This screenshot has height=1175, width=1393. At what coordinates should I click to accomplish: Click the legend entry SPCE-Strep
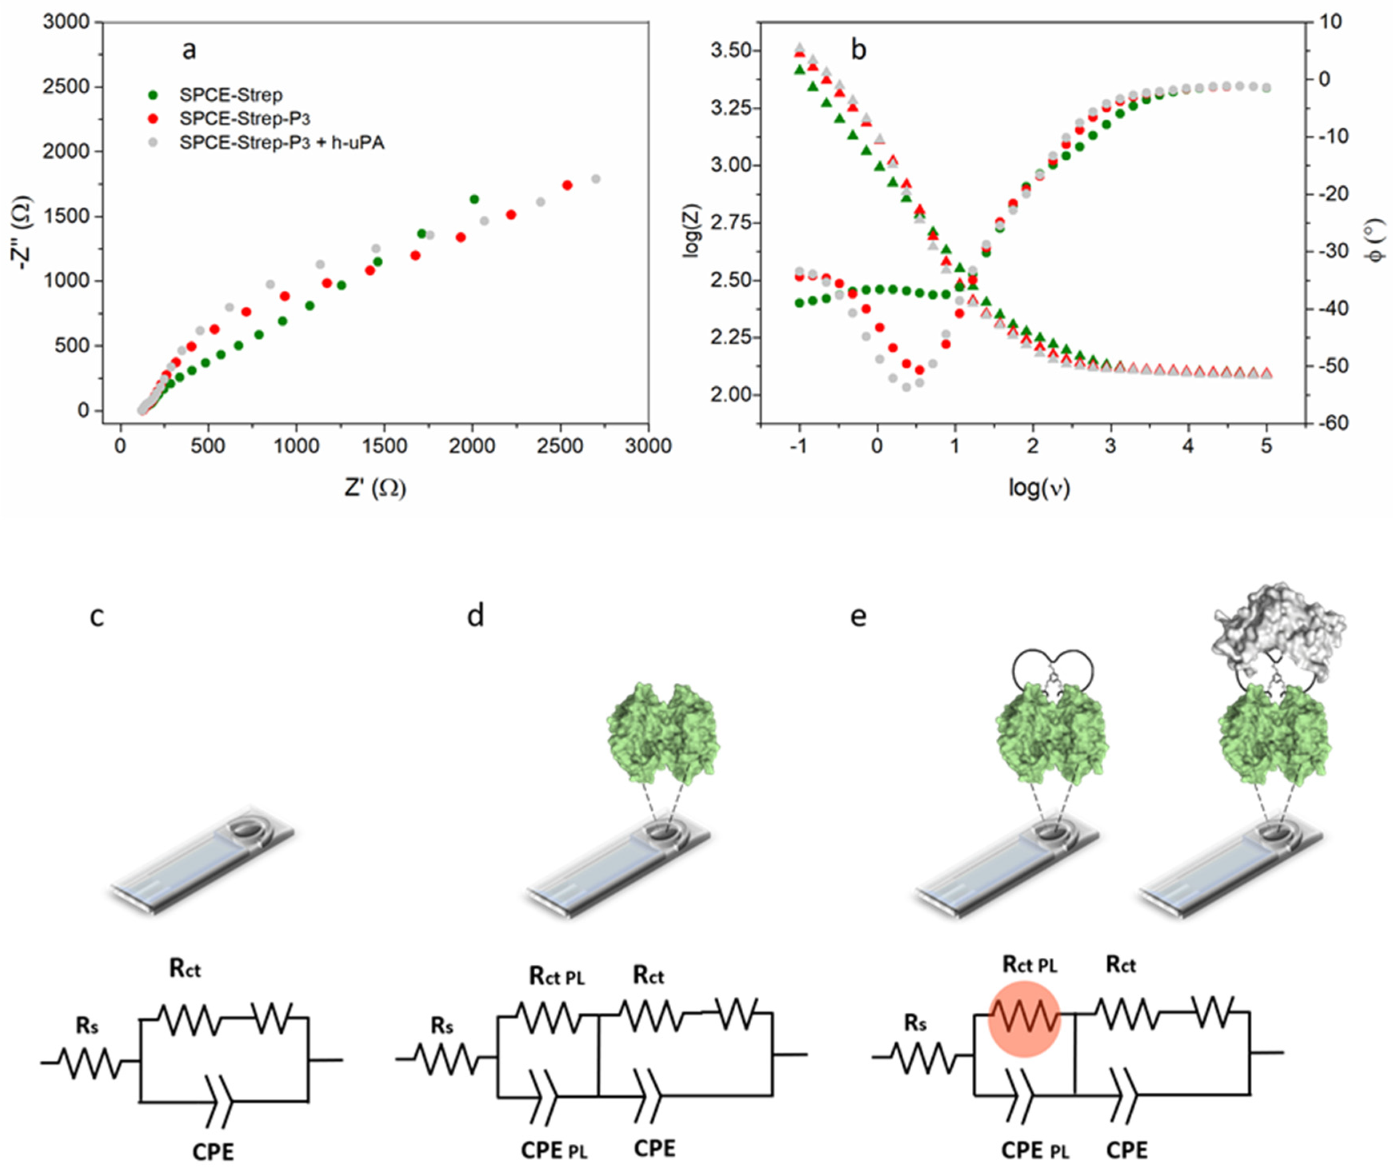click(x=230, y=95)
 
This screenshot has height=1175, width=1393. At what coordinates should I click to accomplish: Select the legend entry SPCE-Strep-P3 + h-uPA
click(x=281, y=142)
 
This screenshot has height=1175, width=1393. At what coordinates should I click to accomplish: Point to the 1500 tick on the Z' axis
click(x=384, y=446)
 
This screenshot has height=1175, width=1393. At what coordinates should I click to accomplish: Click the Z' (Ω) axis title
click(x=374, y=488)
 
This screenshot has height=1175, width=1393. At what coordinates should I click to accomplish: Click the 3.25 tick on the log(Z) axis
click(x=731, y=108)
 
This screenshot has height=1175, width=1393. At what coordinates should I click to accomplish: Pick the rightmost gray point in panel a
click(x=596, y=178)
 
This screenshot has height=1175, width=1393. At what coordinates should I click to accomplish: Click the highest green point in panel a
click(x=474, y=199)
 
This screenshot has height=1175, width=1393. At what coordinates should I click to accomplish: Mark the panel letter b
click(x=859, y=50)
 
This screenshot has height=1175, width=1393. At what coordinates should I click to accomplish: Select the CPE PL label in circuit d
click(x=554, y=1150)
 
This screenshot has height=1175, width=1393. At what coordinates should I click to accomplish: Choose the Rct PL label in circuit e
click(x=1030, y=965)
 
